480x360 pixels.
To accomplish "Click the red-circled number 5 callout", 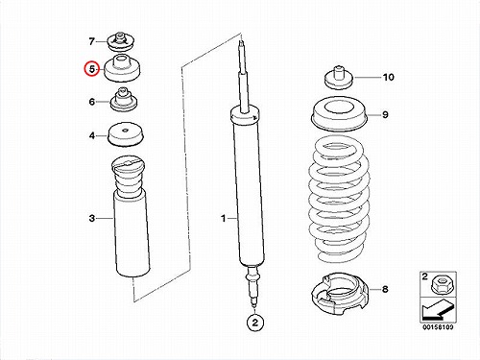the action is (92, 69).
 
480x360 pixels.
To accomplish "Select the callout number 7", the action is (92, 41).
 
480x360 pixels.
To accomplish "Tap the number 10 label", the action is (389, 77).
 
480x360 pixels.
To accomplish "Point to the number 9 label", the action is (385, 114).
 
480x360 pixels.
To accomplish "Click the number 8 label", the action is (385, 289).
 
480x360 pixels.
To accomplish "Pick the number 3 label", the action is (92, 218).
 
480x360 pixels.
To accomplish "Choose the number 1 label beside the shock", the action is (224, 219).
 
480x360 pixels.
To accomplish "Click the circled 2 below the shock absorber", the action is (255, 323).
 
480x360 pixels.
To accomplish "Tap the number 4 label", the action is (92, 135).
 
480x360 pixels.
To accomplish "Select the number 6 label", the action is (92, 102).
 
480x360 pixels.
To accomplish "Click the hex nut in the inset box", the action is (443, 284).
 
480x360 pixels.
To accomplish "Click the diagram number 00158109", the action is (438, 327).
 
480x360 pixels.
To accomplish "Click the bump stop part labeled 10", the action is (339, 79).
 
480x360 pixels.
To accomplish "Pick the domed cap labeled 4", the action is (125, 135).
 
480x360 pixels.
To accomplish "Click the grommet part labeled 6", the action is (124, 100).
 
